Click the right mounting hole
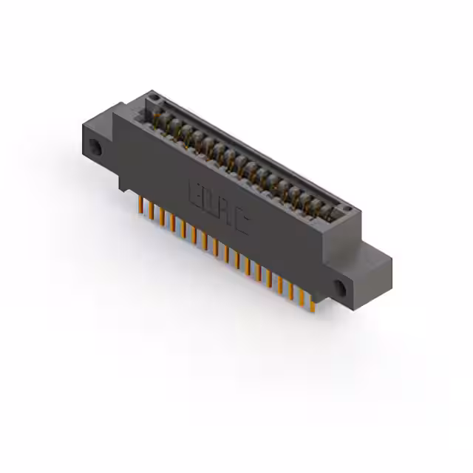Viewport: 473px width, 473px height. coord(341,287)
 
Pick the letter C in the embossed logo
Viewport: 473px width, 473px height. coord(239,223)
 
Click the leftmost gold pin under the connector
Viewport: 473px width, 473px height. coord(139,203)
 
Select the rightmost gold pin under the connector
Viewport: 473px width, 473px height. coord(312,303)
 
